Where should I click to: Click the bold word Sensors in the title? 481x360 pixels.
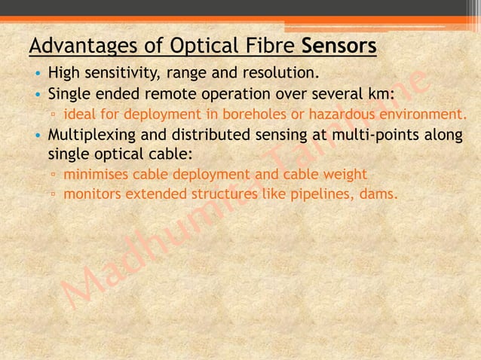coord(339,47)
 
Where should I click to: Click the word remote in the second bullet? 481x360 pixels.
coord(174,95)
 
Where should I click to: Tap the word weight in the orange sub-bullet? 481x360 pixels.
coord(346,175)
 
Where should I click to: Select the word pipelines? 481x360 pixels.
coord(322,194)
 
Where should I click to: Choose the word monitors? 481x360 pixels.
coord(92,194)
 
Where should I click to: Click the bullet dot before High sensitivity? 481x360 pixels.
coord(37,75)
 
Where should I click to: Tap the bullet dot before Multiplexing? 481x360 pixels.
coord(37,136)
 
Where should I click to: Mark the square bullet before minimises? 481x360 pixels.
coord(54,175)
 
